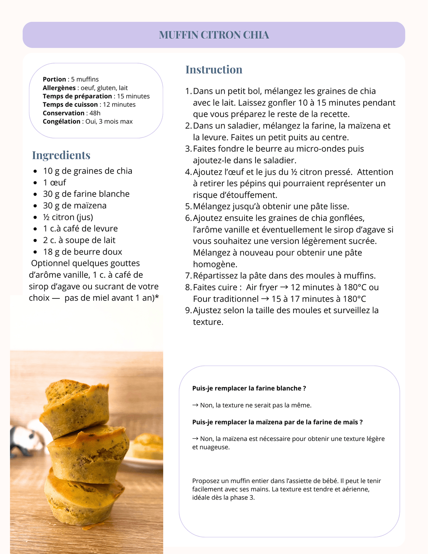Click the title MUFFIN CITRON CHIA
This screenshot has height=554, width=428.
pyautogui.click(x=214, y=35)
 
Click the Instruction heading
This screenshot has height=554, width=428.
pyautogui.click(x=214, y=69)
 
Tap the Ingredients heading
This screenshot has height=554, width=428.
pyautogui.click(x=61, y=155)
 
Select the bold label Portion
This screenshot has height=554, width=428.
pyautogui.click(x=54, y=79)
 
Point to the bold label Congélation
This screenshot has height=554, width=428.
pyautogui.click(x=61, y=122)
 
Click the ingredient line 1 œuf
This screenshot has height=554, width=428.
pyautogui.click(x=54, y=182)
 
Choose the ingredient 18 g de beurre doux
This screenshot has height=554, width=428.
pyautogui.click(x=82, y=252)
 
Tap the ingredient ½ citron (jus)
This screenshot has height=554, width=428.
pyautogui.click(x=68, y=217)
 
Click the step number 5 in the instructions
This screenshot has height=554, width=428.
pyautogui.click(x=188, y=206)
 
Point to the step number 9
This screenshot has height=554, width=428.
pyautogui.click(x=188, y=310)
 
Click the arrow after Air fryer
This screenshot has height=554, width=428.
pyautogui.click(x=284, y=287)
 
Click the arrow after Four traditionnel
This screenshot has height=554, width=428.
pyautogui.click(x=265, y=299)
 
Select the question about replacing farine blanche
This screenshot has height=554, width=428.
pyautogui.click(x=249, y=388)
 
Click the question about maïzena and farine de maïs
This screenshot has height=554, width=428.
pyautogui.click(x=277, y=422)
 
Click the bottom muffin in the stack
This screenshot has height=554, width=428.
pyautogui.click(x=83, y=499)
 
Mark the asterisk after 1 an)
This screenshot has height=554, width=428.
pyautogui.click(x=157, y=297)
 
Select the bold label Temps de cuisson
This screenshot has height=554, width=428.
pyautogui.click(x=70, y=105)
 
